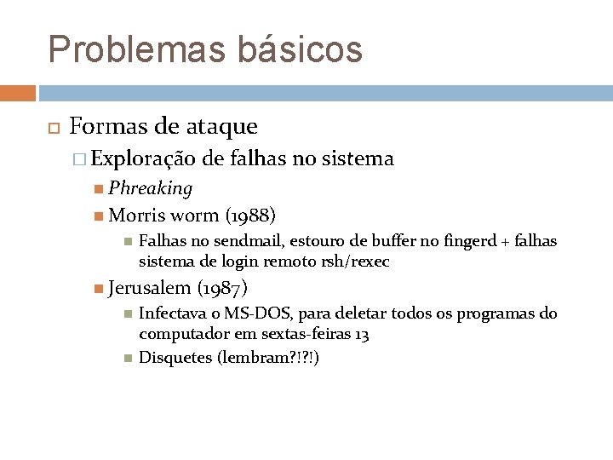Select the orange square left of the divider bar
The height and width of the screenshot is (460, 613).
coord(18,92)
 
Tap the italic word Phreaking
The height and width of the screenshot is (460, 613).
coord(150,187)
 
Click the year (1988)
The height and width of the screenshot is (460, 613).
coord(250,215)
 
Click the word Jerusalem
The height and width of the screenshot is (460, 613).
coord(150,288)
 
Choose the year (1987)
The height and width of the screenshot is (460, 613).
coord(222,288)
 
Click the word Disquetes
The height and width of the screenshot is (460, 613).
coord(175,358)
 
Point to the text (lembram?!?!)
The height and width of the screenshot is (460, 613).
coord(268,358)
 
